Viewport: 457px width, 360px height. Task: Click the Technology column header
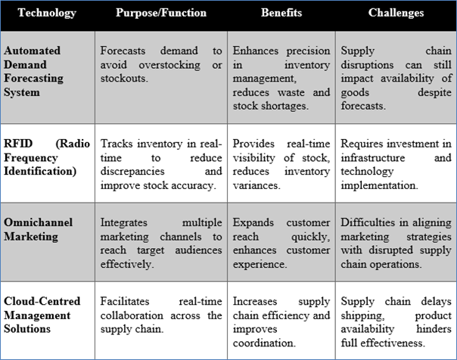tap(47, 13)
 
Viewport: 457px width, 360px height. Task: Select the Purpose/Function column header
tap(161, 13)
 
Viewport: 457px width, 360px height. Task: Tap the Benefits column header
tap(281, 13)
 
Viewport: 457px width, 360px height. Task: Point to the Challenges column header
tap(396, 13)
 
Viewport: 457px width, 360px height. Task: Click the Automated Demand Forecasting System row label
tap(33, 72)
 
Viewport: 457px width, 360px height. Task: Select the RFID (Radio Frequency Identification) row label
tap(47, 157)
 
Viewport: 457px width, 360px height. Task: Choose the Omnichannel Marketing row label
tap(38, 229)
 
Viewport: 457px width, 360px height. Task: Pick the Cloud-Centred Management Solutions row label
tap(42, 315)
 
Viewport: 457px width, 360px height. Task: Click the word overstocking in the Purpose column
tap(169, 65)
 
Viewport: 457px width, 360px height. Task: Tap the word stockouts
tap(124, 79)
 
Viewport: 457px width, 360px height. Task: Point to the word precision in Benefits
tap(308, 51)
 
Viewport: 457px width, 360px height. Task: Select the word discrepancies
tap(132, 171)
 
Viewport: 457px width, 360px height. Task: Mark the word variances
tap(256, 185)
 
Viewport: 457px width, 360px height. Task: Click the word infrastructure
tap(373, 157)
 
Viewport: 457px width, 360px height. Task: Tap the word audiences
tap(198, 250)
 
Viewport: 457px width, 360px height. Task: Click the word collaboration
tap(132, 315)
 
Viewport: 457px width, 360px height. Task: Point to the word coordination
tap(264, 343)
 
